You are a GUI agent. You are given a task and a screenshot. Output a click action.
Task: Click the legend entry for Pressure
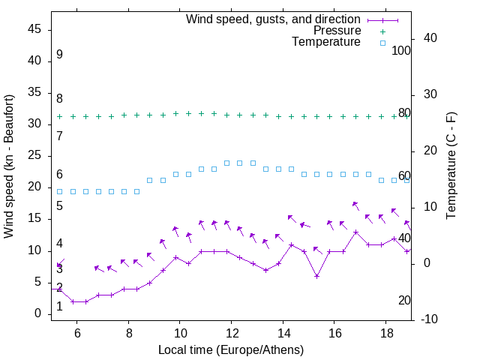coord(337,31)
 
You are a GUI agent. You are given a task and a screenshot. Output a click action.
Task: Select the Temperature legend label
coord(326,43)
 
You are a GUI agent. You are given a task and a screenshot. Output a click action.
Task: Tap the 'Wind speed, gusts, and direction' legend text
coord(274,19)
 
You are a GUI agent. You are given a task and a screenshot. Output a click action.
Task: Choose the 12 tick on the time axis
coord(232,334)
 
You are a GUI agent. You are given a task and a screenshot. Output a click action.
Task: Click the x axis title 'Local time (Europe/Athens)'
coord(231,350)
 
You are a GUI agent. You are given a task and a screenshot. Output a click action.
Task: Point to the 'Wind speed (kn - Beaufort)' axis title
coord(10,166)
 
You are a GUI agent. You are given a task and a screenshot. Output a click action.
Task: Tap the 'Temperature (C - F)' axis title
coord(451,166)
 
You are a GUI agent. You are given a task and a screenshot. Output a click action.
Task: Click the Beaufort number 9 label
coord(59,55)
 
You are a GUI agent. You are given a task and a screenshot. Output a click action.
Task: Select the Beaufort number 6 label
coord(59,175)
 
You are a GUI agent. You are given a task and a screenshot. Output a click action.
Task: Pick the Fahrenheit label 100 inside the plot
coord(401,50)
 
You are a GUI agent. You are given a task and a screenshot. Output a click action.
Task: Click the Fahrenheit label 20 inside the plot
coord(404,300)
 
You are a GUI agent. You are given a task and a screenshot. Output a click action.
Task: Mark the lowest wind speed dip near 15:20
coord(317,276)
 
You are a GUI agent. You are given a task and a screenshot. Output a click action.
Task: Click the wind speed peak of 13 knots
coord(355,232)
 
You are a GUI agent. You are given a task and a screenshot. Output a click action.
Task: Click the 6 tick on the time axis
coord(77,334)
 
